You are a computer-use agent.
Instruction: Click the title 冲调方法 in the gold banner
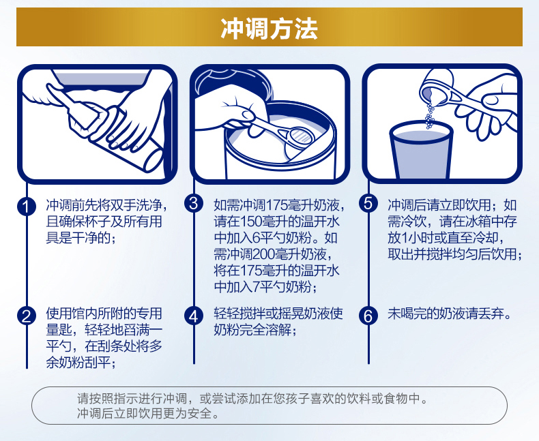click(x=269, y=28)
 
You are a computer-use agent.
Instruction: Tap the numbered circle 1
click(x=27, y=207)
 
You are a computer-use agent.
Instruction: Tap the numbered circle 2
click(x=27, y=316)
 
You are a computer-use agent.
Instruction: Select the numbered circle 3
click(x=194, y=203)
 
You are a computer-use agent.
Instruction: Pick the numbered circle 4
click(x=194, y=316)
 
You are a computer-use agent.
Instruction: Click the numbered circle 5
click(x=368, y=203)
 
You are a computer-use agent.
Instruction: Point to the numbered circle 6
click(x=368, y=316)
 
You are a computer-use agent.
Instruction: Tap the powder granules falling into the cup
click(x=429, y=115)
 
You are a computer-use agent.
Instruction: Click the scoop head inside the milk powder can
click(x=300, y=137)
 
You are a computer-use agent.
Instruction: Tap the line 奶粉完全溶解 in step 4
click(x=255, y=330)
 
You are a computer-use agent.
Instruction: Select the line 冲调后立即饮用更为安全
click(x=148, y=413)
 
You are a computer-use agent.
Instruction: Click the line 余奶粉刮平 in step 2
click(x=81, y=363)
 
